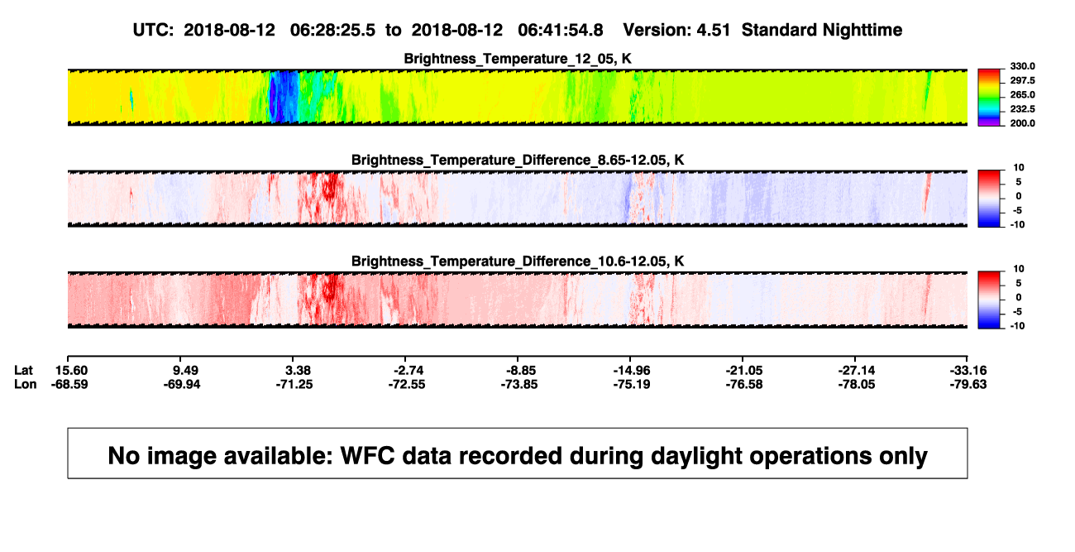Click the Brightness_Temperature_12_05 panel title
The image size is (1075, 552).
point(518,59)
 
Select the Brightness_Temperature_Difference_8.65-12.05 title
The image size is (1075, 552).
point(518,160)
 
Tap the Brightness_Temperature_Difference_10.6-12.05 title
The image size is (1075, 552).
point(518,262)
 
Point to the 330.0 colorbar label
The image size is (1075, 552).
point(1022,66)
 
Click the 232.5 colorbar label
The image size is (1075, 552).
point(1022,109)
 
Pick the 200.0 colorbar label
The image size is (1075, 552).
point(1022,123)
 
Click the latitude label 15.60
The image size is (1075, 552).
point(71,371)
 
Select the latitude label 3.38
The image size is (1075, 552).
point(298,371)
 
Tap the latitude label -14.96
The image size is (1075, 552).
point(632,371)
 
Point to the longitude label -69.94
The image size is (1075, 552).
point(182,384)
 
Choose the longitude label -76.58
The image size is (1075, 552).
point(744,384)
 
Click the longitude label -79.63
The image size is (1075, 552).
point(968,384)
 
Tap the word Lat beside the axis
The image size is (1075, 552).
point(23,371)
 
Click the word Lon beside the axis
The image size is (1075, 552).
point(26,384)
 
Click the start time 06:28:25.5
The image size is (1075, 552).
point(332,31)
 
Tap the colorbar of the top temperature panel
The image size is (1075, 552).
point(989,98)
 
